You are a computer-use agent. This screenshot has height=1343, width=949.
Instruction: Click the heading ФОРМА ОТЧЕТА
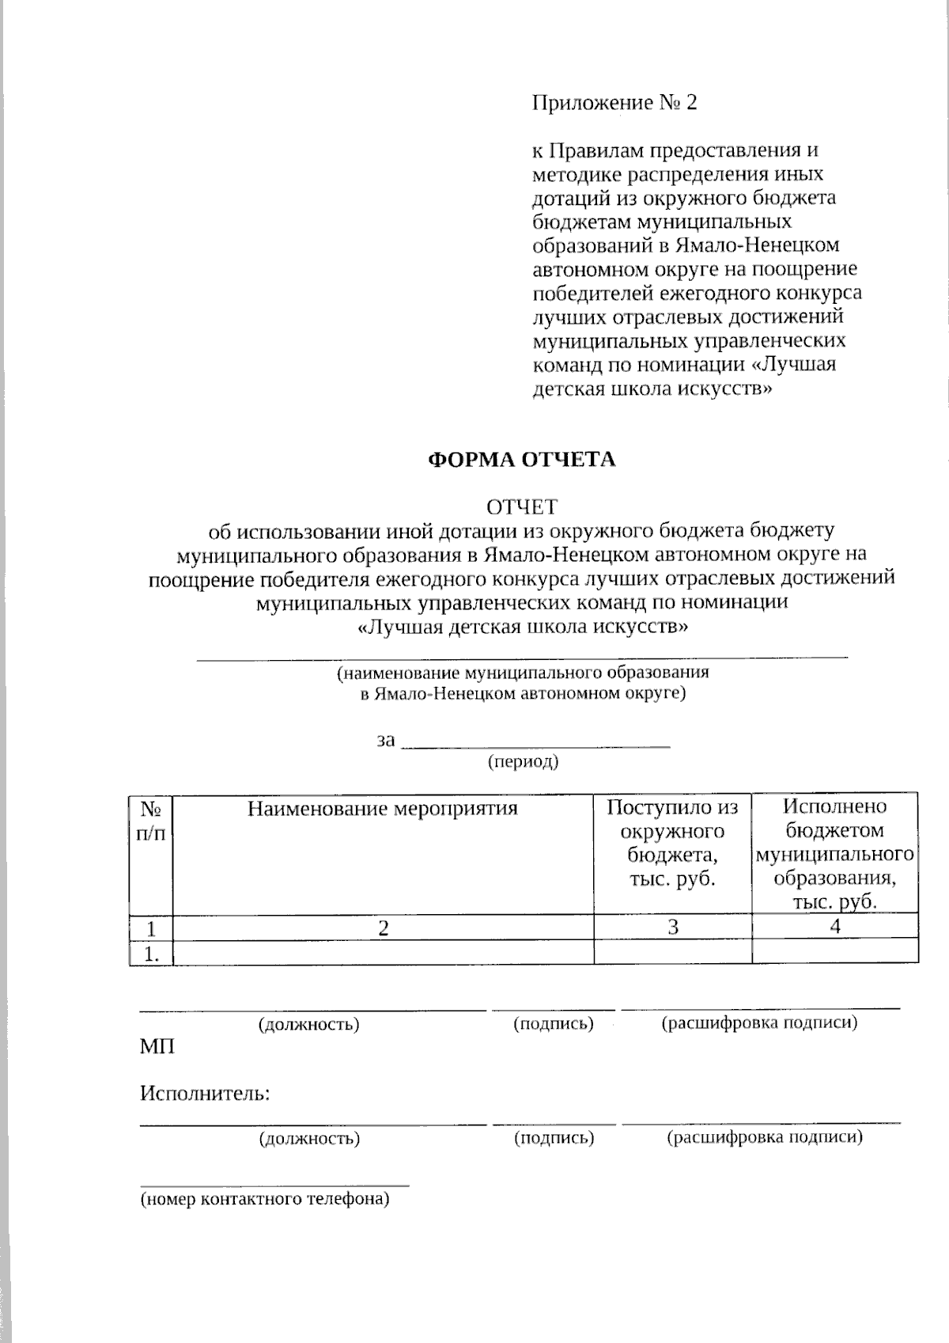(x=521, y=460)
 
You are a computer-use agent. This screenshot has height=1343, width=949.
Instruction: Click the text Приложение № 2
(x=614, y=103)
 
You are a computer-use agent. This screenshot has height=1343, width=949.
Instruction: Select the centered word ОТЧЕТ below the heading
(x=521, y=506)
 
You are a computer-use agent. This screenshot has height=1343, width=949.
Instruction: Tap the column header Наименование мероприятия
(x=383, y=809)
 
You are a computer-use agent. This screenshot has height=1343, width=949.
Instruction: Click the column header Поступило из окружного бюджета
(x=672, y=843)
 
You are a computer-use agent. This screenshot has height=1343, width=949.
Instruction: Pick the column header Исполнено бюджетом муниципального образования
(x=835, y=855)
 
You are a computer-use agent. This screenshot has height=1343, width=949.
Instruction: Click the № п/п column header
(x=151, y=821)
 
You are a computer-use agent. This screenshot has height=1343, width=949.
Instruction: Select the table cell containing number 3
(x=673, y=928)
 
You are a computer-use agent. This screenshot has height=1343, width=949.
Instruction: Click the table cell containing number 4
(x=835, y=927)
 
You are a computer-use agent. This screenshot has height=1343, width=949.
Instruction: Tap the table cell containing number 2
(x=383, y=928)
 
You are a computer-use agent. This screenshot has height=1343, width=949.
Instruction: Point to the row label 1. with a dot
(x=152, y=954)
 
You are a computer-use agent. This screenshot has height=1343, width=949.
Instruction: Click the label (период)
(x=523, y=762)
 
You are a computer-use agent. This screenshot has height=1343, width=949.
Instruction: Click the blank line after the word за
(x=536, y=744)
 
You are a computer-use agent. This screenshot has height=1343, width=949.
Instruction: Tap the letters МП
(x=157, y=1047)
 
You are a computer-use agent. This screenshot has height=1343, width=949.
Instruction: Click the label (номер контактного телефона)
(x=265, y=1199)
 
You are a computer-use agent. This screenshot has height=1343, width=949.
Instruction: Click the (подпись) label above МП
(x=554, y=1024)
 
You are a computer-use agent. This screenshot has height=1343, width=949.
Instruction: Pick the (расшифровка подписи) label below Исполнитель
(x=764, y=1138)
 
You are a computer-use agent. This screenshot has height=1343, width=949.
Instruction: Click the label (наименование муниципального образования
(x=523, y=673)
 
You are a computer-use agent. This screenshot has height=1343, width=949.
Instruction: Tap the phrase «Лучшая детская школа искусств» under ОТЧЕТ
(x=523, y=628)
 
